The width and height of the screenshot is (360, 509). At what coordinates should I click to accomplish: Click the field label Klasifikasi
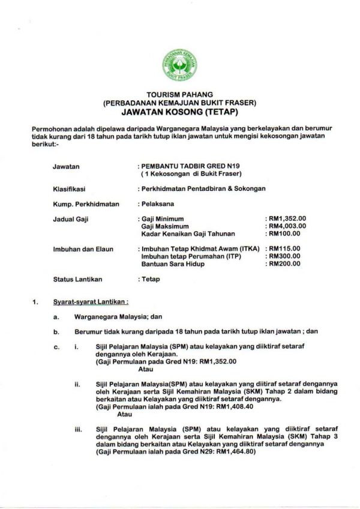pyautogui.click(x=67, y=188)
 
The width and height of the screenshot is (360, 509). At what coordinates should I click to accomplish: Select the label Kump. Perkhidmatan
pyautogui.click(x=81, y=205)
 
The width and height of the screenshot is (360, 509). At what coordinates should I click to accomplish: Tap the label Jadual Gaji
pyautogui.click(x=69, y=220)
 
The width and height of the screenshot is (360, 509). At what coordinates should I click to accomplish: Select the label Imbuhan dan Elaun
pyautogui.click(x=79, y=248)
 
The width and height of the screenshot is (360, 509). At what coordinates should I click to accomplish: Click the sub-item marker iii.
pyautogui.click(x=78, y=430)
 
